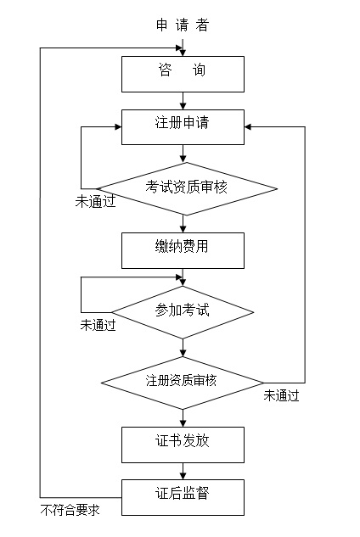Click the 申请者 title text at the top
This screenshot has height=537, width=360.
[183, 25]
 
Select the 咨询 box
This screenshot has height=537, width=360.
[183, 75]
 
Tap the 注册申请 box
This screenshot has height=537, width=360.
[183, 127]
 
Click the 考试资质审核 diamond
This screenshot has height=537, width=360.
[186, 188]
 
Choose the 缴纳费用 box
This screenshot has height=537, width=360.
[183, 251]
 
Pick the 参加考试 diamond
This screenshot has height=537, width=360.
[183, 312]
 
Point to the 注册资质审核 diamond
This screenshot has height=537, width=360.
[183, 383]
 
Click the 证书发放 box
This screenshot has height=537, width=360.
[183, 445]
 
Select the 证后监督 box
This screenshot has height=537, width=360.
[183, 497]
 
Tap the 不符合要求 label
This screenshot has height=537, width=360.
[70, 510]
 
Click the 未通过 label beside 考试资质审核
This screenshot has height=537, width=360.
[95, 201]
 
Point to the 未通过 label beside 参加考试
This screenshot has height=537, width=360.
[98, 325]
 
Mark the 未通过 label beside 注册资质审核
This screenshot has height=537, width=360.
[282, 395]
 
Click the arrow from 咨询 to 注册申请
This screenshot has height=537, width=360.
[183, 101]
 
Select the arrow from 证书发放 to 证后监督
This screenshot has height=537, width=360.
[183, 471]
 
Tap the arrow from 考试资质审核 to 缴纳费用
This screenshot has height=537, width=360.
[183, 224]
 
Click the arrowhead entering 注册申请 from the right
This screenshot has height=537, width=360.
[248, 127]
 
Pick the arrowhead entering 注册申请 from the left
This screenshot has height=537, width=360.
[118, 127]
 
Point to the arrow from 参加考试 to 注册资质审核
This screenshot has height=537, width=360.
[183, 348]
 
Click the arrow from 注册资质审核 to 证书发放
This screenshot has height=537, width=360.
[183, 418]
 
